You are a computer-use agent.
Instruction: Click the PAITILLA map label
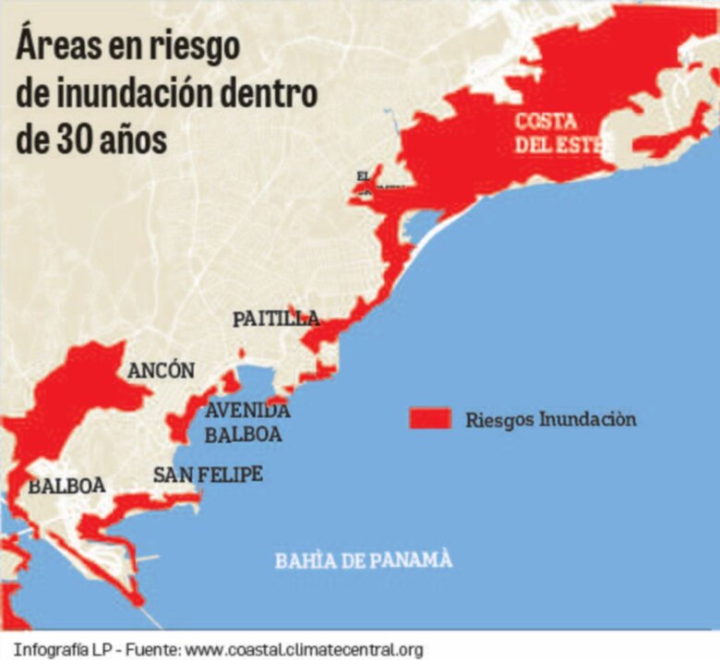pyautogui.click(x=276, y=319)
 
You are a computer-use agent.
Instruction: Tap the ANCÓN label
pyautogui.click(x=162, y=371)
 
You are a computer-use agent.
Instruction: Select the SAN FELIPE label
pyautogui.click(x=208, y=474)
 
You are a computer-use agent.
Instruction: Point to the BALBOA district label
pyautogui.click(x=66, y=486)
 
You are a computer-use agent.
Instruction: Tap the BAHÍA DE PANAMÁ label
pyautogui.click(x=364, y=560)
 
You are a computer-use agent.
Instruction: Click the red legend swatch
pyautogui.click(x=429, y=419)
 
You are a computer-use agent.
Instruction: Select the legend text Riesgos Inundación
pyautogui.click(x=551, y=420)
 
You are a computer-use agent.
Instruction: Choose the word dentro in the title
pyautogui.click(x=277, y=93)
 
